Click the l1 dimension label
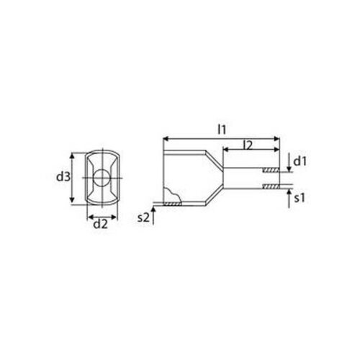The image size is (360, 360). tap(222, 130)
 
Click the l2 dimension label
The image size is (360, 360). tap(248, 145)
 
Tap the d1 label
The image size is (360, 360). tap(300, 161)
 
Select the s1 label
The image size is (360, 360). tap(300, 198)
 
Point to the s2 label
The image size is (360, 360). tap(143, 217)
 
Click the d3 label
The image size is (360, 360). tap(63, 177)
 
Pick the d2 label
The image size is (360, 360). tap(101, 225)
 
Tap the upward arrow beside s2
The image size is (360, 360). tap(153, 215)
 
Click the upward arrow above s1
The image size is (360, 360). tap(289, 199)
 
